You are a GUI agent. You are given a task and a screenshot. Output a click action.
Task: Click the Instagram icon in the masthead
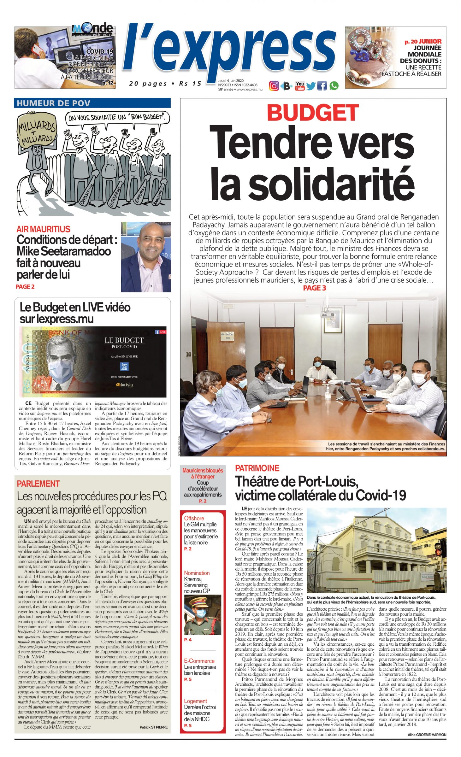pyautogui.click(x=274, y=85)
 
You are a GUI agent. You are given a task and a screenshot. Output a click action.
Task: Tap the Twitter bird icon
pyautogui.click(x=310, y=86)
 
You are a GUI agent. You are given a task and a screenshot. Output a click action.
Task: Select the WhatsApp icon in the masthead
pyautogui.click(x=334, y=85)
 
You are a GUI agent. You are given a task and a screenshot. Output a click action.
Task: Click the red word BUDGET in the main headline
pyautogui.click(x=313, y=112)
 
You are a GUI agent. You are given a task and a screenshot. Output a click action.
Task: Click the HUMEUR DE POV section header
pyautogui.click(x=53, y=103)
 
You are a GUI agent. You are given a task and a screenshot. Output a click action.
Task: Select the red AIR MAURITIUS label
pyautogui.click(x=43, y=229)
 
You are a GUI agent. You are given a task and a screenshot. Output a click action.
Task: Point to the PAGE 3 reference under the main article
pyautogui.click(x=314, y=288)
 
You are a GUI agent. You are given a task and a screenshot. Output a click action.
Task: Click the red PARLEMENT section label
pyautogui.click(x=38, y=484)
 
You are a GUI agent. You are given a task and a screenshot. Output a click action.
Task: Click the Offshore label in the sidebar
pyautogui.click(x=194, y=518)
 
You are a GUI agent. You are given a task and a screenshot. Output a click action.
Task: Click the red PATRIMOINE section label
pyautogui.click(x=257, y=468)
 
